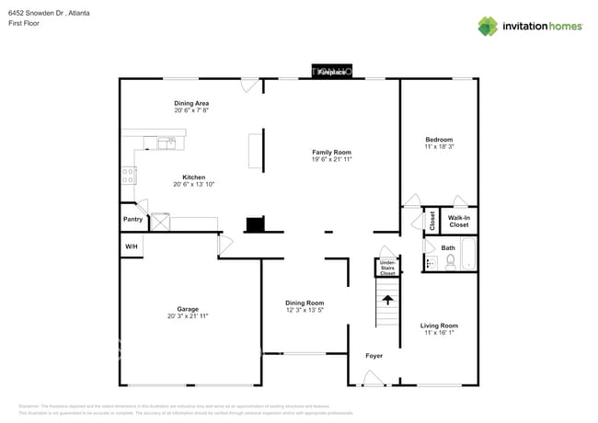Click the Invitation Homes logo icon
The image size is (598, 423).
[488, 26]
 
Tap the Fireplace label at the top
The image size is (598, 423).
[332, 72]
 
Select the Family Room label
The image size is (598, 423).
[331, 152]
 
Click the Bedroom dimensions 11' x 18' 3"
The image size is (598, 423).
[439, 147]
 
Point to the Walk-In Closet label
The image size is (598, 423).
[458, 221]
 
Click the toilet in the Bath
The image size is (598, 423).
[451, 262]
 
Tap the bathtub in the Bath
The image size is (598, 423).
[468, 255]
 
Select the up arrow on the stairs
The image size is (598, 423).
[388, 299]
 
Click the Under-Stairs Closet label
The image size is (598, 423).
[388, 268]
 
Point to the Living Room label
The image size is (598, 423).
[439, 326]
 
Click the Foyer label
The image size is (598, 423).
[374, 356]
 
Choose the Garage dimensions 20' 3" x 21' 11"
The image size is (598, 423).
[188, 316]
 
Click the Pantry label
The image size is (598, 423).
[132, 219]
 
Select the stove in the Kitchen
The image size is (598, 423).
[129, 175]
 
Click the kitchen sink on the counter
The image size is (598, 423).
[167, 143]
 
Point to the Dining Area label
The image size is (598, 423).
[192, 103]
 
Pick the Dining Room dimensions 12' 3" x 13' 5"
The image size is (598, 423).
[305, 310]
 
